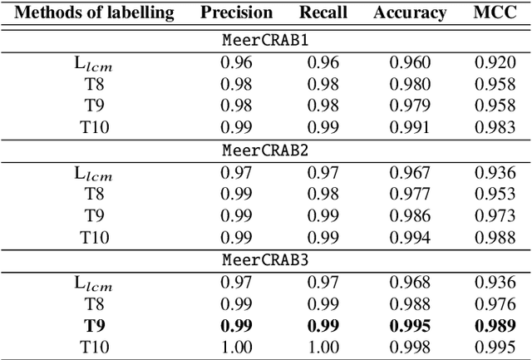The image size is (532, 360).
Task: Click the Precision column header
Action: click(x=236, y=12)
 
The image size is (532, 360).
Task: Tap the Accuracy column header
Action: click(x=409, y=12)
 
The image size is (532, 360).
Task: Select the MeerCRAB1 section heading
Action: click(x=266, y=40)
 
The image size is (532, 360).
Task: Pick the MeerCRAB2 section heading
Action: click(x=266, y=150)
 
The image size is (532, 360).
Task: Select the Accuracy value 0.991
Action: click(x=409, y=126)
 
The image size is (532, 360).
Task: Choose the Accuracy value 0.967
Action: click(x=409, y=172)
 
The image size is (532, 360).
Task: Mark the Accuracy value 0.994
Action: click(x=409, y=237)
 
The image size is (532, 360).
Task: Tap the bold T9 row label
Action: click(x=95, y=324)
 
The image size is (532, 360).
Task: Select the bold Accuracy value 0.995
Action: click(x=409, y=324)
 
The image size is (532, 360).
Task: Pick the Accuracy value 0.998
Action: click(x=409, y=346)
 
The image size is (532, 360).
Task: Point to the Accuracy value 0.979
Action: click(x=409, y=105)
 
